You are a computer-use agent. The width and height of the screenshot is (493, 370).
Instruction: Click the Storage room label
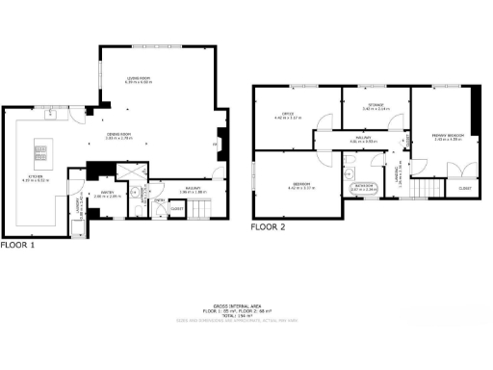[376, 105]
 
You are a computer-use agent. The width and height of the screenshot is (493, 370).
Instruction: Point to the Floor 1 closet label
[176, 208]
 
